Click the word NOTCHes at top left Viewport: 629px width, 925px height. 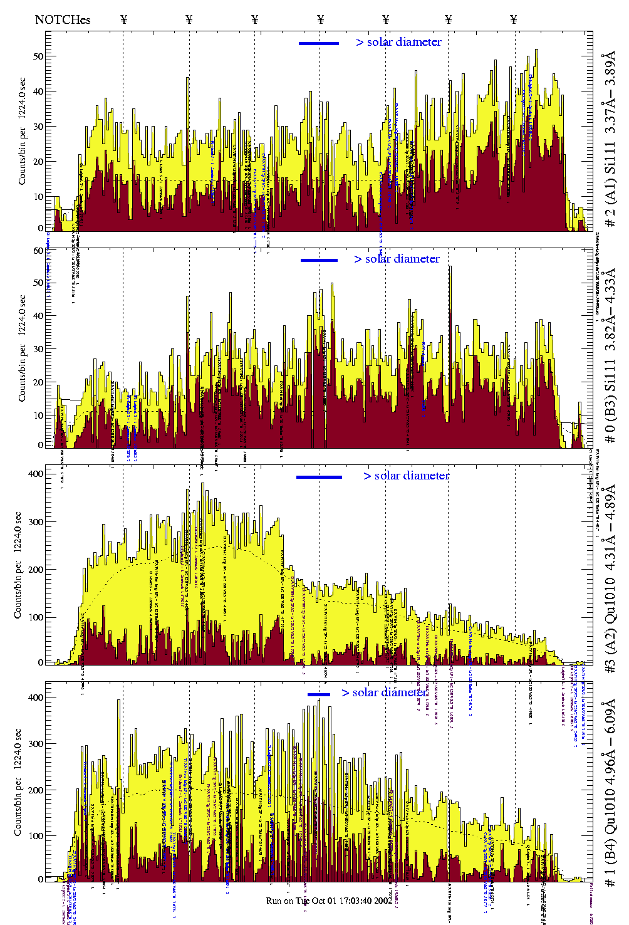click(63, 19)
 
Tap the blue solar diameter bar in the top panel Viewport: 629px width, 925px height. click(319, 43)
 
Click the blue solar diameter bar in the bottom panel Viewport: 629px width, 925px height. click(319, 694)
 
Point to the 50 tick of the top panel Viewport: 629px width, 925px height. click(38, 56)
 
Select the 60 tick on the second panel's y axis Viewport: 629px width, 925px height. click(38, 251)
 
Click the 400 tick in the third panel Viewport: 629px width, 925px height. click(36, 474)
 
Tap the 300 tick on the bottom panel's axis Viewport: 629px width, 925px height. click(36, 744)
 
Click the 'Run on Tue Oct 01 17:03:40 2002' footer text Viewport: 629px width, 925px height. click(330, 901)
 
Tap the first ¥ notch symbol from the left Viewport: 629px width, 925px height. click(124, 19)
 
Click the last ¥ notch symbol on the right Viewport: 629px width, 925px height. click(514, 19)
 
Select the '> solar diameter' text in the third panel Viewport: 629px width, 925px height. click(407, 476)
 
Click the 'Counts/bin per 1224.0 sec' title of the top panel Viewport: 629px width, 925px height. click(23, 131)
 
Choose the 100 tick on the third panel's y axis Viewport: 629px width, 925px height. click(36, 617)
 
